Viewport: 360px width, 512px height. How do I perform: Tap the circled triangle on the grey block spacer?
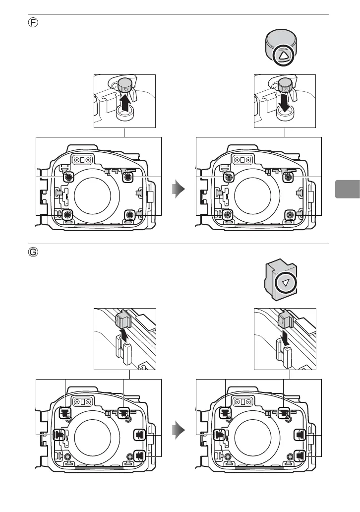(x=284, y=283)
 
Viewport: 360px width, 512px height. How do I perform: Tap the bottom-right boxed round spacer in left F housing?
(x=129, y=215)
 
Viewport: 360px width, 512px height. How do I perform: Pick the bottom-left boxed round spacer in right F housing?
(x=228, y=215)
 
